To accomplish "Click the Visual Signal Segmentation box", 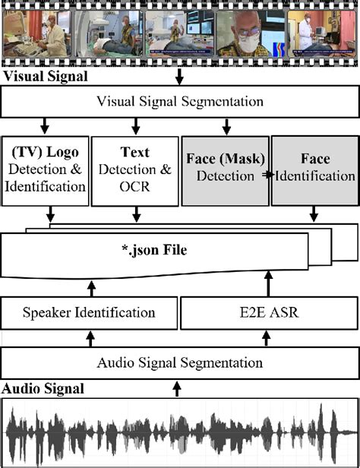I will (179, 101).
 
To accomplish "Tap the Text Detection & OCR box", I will (135, 172).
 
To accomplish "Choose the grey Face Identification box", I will (314, 172).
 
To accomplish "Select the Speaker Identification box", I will (90, 313).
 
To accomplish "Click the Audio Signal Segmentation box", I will (179, 362).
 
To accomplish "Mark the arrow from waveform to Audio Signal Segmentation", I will (179, 389).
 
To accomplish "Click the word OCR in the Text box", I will (135, 186).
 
